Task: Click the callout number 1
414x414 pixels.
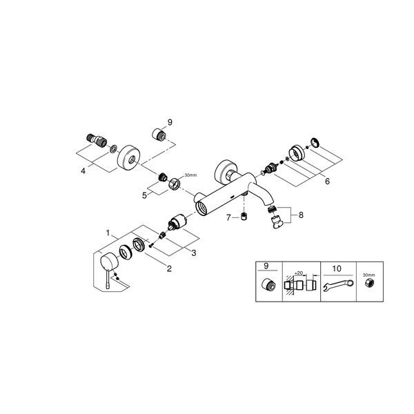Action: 108,233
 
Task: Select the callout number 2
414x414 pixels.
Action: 169,268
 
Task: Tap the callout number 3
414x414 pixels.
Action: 194,253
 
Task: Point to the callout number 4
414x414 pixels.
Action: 83,171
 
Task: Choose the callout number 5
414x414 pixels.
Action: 144,196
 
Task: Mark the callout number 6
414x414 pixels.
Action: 327,181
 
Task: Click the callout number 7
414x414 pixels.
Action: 228,218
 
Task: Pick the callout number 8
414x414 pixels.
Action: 301,215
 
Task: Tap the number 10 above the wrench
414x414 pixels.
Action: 337,269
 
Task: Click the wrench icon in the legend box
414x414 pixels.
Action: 339,285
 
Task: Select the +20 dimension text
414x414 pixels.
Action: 298,273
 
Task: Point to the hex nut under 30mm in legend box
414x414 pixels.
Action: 369,283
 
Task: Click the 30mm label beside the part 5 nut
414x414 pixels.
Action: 190,175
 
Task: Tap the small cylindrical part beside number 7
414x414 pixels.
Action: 244,217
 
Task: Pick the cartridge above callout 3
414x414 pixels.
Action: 177,221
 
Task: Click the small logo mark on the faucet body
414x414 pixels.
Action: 232,197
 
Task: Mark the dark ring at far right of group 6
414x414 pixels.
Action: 315,142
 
